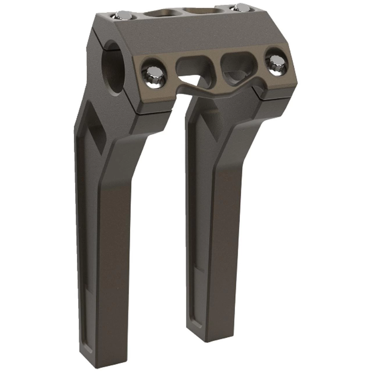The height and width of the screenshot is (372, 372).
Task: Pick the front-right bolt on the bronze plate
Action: point(275,62)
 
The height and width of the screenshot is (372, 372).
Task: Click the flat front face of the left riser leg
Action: point(116,247)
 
